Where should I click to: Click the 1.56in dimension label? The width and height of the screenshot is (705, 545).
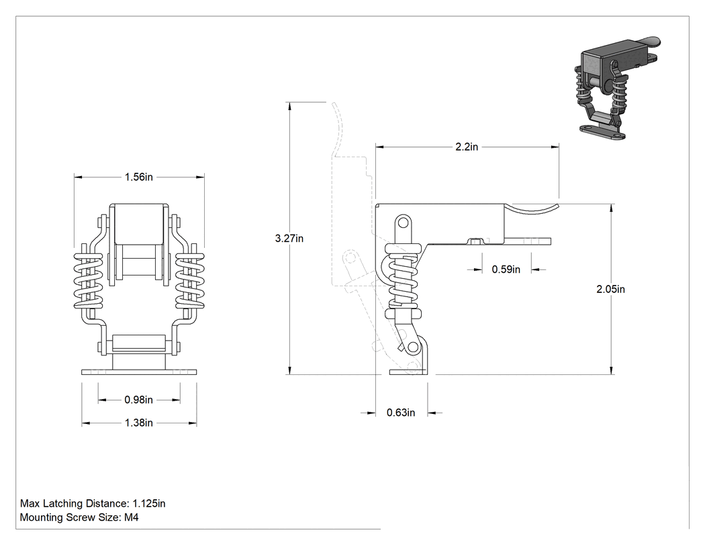click(138, 177)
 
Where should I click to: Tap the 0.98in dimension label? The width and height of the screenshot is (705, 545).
click(138, 400)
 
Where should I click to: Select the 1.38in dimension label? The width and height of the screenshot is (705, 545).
click(138, 423)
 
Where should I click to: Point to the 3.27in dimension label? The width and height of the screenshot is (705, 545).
click(289, 239)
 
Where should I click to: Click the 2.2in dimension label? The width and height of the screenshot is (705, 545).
click(467, 146)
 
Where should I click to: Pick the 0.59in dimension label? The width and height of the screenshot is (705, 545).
click(506, 269)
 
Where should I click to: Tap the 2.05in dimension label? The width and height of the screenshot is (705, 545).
click(610, 290)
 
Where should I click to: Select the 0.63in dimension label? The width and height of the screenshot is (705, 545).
click(401, 413)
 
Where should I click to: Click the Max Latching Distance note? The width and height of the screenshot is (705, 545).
click(93, 503)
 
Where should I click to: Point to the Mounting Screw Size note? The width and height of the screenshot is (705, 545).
click(79, 517)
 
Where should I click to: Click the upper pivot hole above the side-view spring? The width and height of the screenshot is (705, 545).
click(403, 222)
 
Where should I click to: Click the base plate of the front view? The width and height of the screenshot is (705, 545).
click(140, 372)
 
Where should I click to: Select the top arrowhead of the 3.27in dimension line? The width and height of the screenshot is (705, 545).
click(290, 106)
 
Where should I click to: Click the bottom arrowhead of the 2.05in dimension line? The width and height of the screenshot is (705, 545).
click(612, 370)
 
